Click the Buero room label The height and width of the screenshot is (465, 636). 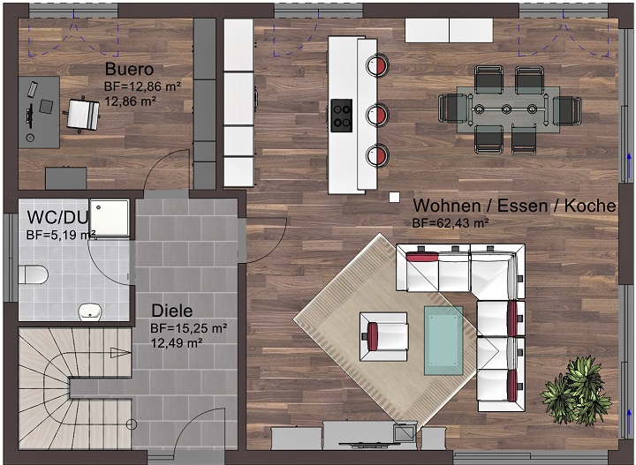pos(129,70)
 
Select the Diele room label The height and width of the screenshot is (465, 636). pos(172,311)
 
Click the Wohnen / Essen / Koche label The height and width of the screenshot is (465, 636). pos(514,206)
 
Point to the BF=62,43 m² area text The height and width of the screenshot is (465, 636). pos(450,223)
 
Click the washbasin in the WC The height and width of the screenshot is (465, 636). pos(91,311)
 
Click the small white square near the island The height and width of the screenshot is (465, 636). pos(390,196)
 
